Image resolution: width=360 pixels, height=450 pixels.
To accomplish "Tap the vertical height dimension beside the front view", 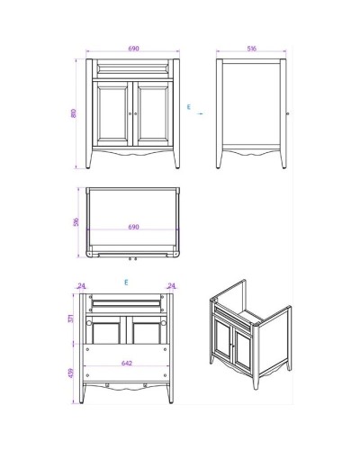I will [74, 113].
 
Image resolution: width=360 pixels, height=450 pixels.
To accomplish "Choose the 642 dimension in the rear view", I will [132, 364].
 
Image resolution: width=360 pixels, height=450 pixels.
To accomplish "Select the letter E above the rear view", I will [127, 282].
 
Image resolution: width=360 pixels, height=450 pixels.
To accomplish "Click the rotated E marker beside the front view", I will [189, 107].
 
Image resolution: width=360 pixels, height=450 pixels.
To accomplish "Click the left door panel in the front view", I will [112, 115].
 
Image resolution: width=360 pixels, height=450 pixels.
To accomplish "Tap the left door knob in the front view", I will [130, 115].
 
